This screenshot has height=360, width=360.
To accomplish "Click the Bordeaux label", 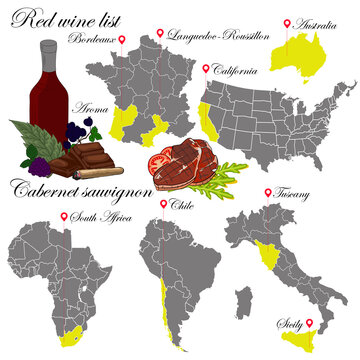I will pos(94,39).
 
